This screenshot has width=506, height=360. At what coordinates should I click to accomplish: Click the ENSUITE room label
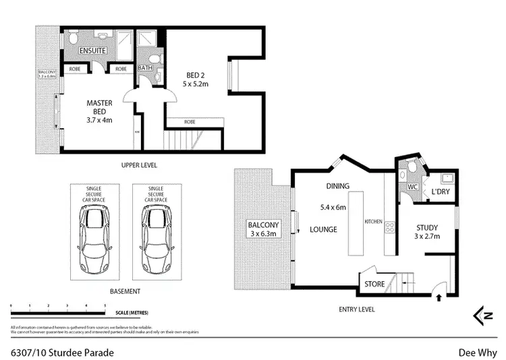coord(92,52)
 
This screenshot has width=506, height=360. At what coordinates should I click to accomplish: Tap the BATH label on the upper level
coord(145,68)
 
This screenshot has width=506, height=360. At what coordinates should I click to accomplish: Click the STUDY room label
coord(427,232)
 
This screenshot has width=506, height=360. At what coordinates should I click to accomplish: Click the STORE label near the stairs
coord(374,284)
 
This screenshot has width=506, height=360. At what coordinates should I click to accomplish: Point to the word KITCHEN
coord(374,221)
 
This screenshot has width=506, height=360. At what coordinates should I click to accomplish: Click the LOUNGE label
coord(324,229)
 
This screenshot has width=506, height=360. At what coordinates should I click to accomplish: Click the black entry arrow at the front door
coord(440,296)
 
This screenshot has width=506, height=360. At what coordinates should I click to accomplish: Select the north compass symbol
coord(480,314)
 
